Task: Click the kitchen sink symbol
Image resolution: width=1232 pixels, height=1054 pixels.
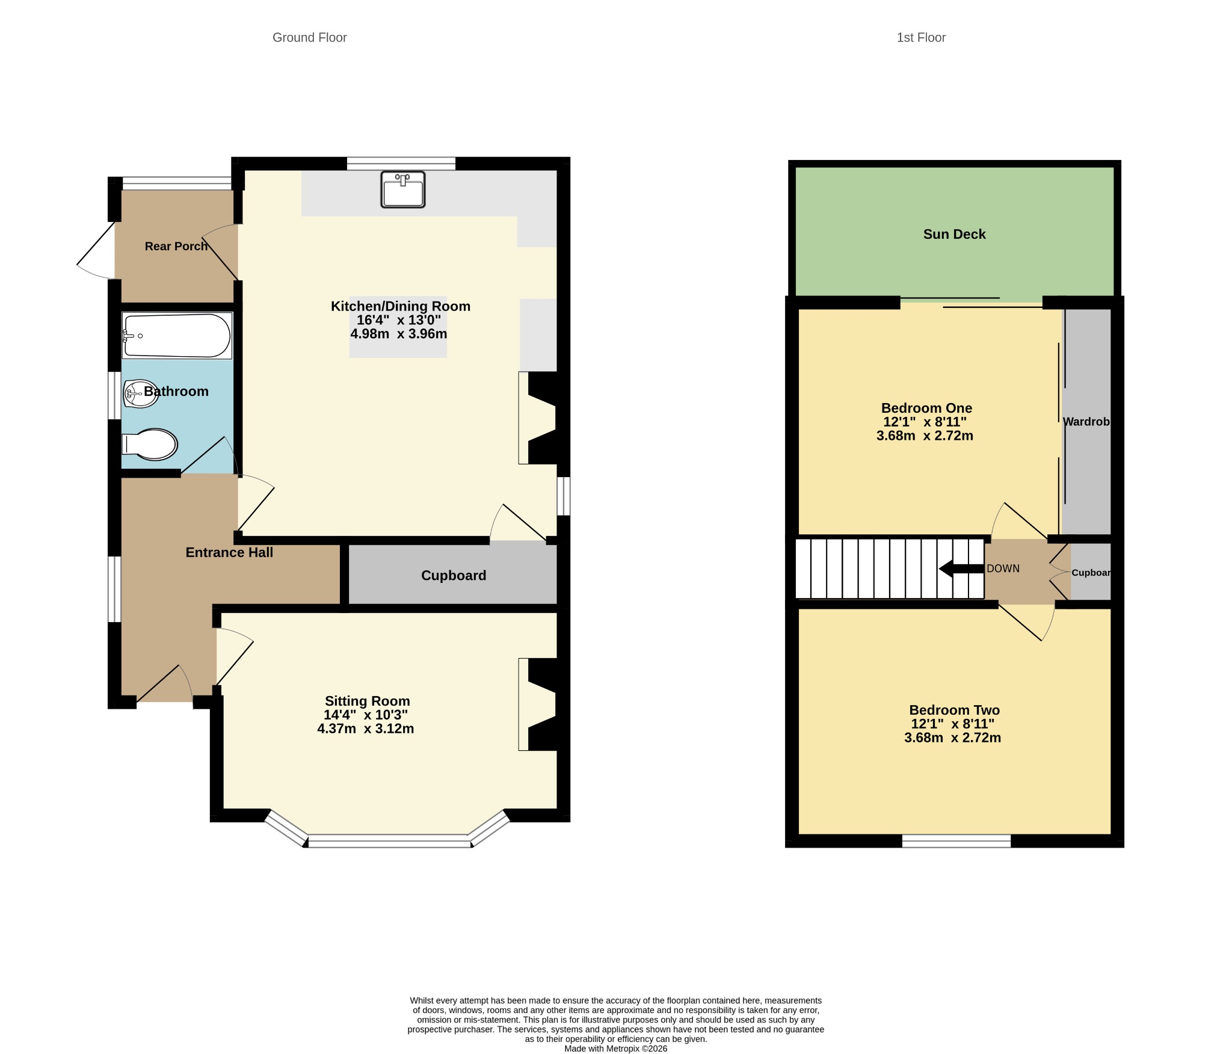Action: (403, 190)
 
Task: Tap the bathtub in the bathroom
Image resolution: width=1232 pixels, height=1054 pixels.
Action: (177, 335)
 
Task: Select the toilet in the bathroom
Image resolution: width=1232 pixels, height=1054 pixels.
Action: (150, 445)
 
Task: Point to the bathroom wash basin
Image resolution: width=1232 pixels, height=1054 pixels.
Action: (141, 394)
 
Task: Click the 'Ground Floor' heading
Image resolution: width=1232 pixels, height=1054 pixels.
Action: (310, 37)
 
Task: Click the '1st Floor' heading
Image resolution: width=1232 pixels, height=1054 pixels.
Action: (921, 37)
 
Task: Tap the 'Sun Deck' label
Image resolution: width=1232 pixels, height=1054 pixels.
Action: (954, 234)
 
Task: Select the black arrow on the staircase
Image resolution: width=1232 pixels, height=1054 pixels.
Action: (961, 569)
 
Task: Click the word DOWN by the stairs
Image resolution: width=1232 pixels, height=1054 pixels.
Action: (1003, 569)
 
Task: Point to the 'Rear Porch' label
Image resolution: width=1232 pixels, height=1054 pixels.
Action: (176, 246)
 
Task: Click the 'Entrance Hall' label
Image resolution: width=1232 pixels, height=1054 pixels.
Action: (229, 552)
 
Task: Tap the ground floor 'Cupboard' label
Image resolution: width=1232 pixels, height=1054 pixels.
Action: (454, 576)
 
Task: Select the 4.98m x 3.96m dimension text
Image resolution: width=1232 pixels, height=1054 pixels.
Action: (399, 334)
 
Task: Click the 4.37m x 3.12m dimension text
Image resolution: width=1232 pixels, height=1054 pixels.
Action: (366, 729)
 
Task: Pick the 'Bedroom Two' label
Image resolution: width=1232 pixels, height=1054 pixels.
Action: (954, 710)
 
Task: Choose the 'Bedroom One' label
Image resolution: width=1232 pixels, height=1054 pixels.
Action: (926, 408)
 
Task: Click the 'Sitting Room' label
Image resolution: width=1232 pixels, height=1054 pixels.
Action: (367, 701)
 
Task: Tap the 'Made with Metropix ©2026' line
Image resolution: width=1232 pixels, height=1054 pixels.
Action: (615, 1049)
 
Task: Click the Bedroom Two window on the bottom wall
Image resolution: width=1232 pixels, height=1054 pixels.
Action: (956, 841)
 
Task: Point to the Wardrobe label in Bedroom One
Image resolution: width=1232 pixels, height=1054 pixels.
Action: (1086, 422)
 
